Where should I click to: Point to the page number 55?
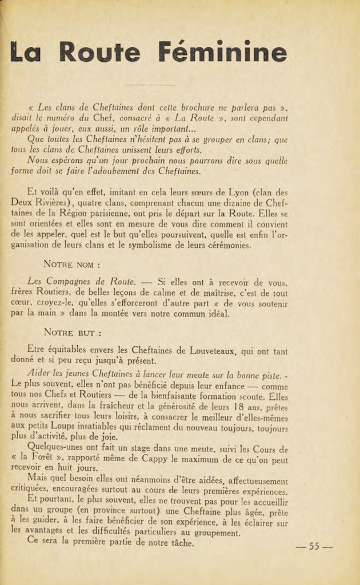tap(314, 546)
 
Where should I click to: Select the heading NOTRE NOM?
tap(72, 265)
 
